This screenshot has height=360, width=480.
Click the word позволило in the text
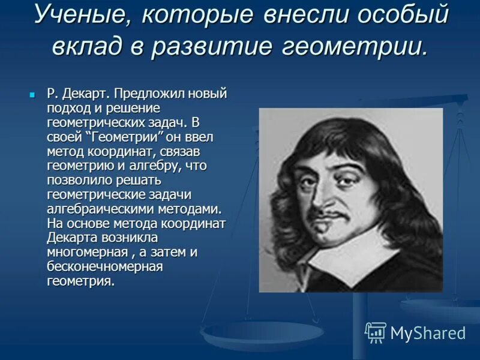click(x=77, y=179)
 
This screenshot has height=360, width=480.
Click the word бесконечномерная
click(x=104, y=266)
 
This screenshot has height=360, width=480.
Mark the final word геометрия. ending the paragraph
click(x=80, y=281)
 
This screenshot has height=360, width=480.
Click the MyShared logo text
click(x=428, y=332)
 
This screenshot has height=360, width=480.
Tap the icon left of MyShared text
click(x=376, y=332)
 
